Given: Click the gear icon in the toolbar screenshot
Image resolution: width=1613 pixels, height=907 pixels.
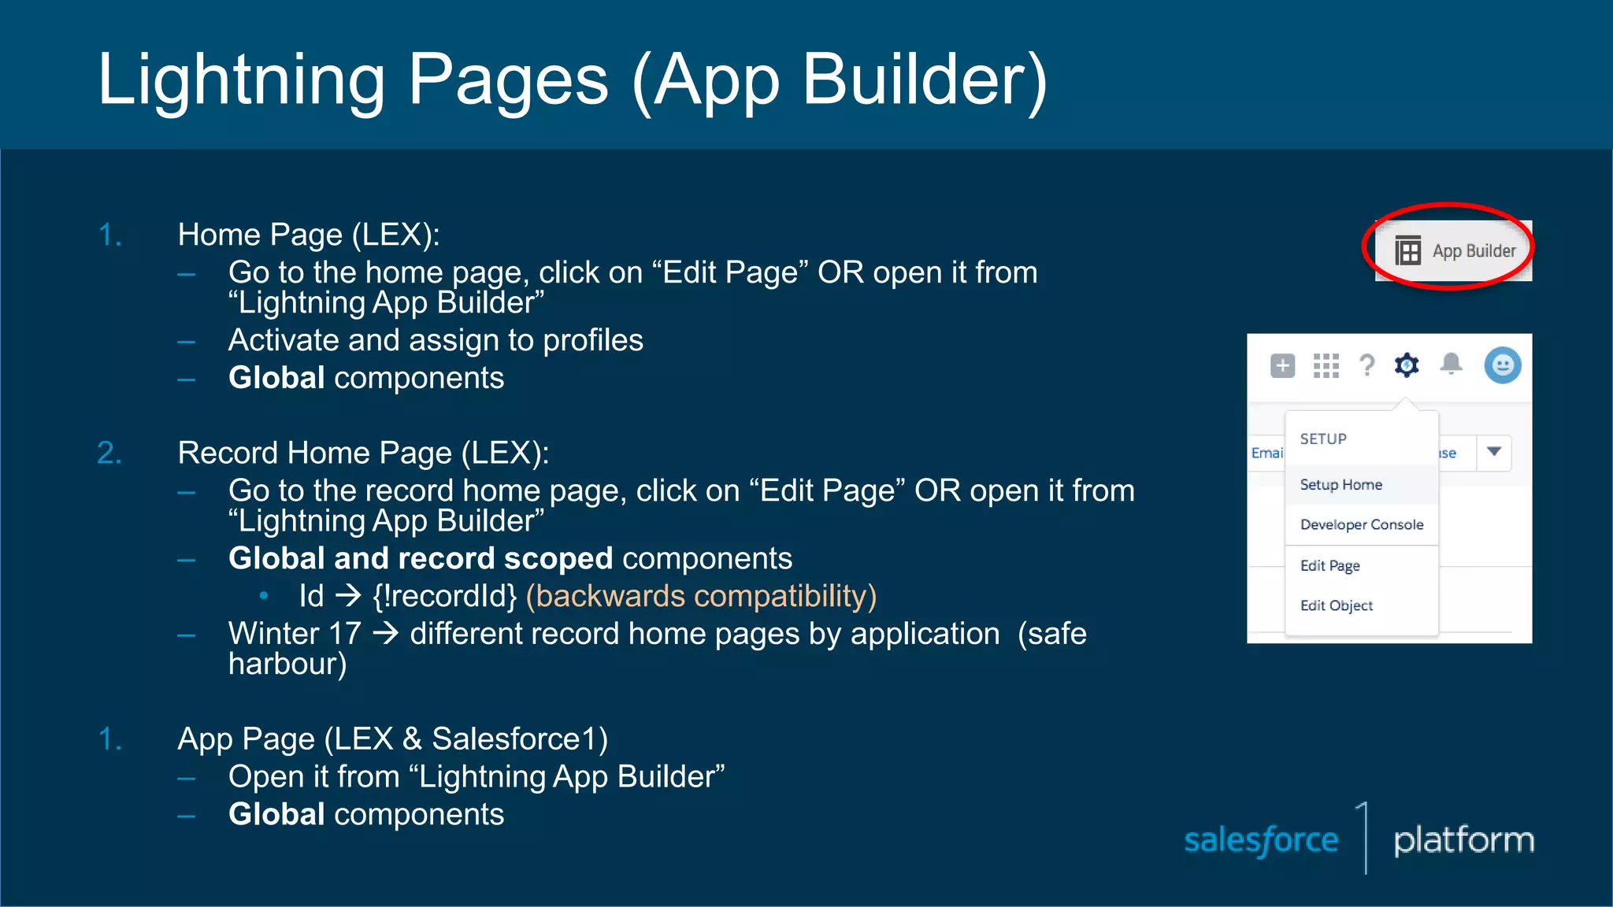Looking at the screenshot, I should point(1407,365).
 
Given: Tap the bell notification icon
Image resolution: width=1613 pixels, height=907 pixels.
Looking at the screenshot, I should point(1451,364).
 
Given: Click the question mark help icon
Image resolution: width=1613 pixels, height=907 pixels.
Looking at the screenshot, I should point(1367,365).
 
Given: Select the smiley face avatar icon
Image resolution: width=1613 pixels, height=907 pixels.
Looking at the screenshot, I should point(1502,365).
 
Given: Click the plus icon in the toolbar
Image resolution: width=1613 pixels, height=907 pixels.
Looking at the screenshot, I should point(1283,365).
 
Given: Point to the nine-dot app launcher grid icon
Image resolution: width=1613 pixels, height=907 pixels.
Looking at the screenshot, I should point(1326,365).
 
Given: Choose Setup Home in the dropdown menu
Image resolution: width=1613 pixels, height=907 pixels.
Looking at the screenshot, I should point(1340,485).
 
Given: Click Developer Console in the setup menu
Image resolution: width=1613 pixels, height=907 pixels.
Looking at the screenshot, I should point(1361,525).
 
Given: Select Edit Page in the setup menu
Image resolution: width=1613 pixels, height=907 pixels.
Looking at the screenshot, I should point(1329,566).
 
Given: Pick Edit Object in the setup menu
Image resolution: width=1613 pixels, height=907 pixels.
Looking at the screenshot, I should point(1336,605).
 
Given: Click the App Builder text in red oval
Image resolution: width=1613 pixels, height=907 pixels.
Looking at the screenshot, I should point(1474,251).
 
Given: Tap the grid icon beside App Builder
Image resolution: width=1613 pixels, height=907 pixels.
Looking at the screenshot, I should point(1408,251).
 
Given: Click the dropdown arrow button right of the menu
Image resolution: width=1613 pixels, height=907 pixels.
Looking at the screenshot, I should point(1494,452).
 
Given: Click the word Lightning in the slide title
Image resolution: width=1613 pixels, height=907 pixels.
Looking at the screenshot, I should point(241,80).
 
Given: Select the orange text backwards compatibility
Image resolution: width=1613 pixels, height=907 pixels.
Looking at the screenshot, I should point(701,596).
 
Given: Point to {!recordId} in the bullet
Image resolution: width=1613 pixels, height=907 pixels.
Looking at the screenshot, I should point(445,596).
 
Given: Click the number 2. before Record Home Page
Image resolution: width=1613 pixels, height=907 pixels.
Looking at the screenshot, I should point(109,453).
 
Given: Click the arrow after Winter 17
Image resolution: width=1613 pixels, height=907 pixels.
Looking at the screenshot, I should point(385,634).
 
